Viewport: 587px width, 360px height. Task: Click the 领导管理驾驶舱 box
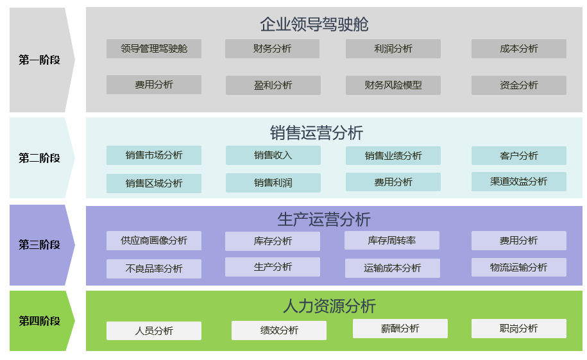[154, 49]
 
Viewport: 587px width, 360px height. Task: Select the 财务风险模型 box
[393, 85]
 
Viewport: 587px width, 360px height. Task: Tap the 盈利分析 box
[273, 85]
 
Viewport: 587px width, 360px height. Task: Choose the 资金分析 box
[519, 85]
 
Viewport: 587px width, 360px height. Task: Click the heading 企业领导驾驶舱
[314, 24]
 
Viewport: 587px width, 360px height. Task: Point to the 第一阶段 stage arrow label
[39, 60]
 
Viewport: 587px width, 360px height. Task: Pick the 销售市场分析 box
[154, 155]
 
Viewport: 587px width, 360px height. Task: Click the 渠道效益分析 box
[519, 182]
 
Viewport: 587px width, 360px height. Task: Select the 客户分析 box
[519, 156]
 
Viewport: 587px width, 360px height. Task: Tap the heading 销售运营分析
[316, 133]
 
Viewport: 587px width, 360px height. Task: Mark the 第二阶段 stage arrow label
[39, 158]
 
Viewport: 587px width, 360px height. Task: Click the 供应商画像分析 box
[154, 241]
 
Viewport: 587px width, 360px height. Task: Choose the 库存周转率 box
[392, 241]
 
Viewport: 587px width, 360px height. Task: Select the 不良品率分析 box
[154, 269]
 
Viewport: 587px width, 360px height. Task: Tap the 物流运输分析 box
[519, 267]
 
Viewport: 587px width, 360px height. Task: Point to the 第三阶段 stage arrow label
[39, 245]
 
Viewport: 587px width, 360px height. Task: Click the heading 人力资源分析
[329, 306]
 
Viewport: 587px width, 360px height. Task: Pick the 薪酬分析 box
[400, 329]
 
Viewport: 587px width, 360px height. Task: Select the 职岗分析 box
[519, 329]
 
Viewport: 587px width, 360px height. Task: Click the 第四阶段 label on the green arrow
[39, 321]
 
